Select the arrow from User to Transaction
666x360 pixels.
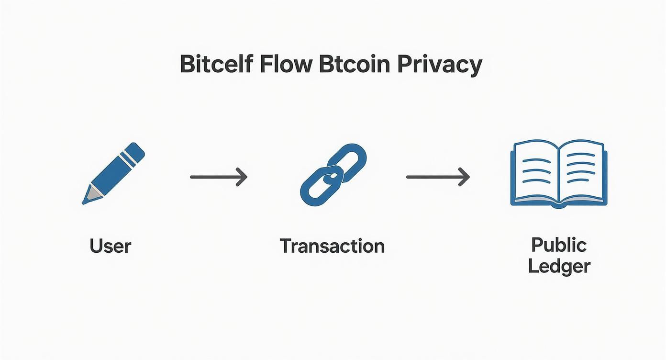[x=218, y=177]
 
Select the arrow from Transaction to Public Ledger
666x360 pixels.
[x=437, y=177]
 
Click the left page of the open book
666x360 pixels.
[x=535, y=171]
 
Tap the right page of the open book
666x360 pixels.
[x=581, y=171]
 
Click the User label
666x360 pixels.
[x=110, y=246]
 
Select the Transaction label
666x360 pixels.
[x=332, y=246]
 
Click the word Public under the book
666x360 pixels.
[x=559, y=245]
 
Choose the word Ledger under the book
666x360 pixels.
[x=559, y=266]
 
